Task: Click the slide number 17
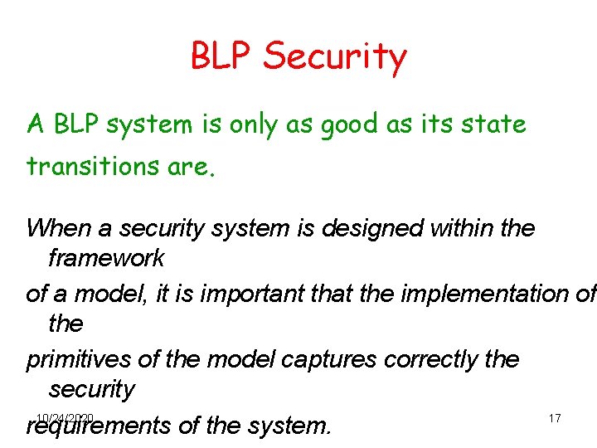555,418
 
